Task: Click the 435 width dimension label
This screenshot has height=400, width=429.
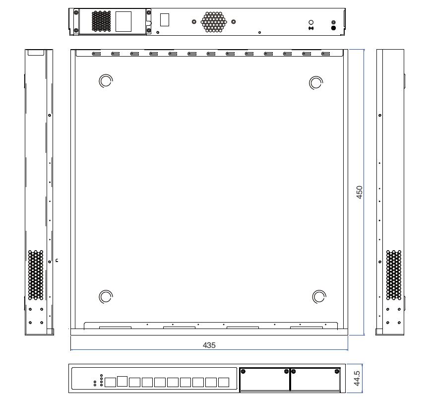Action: pyautogui.click(x=209, y=345)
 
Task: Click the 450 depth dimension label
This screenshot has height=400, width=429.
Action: pyautogui.click(x=361, y=192)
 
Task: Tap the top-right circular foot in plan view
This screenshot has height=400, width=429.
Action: pyautogui.click(x=315, y=82)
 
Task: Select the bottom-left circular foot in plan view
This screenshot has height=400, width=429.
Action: pyautogui.click(x=106, y=297)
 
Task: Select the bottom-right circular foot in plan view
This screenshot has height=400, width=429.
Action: pyautogui.click(x=319, y=297)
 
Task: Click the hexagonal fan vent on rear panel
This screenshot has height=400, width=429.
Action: pyautogui.click(x=213, y=22)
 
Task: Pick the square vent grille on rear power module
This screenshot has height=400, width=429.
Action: pyautogui.click(x=101, y=21)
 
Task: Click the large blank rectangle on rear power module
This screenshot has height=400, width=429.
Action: pyautogui.click(x=123, y=21)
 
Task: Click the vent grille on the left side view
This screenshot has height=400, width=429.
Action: pyautogui.click(x=36, y=274)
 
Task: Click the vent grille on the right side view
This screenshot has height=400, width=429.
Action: pyautogui.click(x=394, y=274)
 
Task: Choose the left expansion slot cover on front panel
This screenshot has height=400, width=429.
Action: pyautogui.click(x=264, y=379)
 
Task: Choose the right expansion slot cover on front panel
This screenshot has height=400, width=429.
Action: pyautogui.click(x=315, y=379)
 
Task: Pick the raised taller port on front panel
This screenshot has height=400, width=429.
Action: pyautogui.click(x=122, y=381)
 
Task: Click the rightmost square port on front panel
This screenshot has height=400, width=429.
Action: pyautogui.click(x=224, y=382)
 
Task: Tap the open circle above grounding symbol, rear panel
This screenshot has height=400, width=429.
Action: pyautogui.click(x=311, y=22)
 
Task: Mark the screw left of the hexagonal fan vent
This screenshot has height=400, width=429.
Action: pyautogui.click(x=193, y=22)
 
